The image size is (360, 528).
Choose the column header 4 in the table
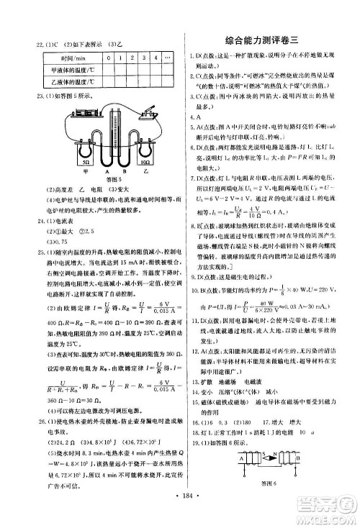[x=156, y=55]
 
